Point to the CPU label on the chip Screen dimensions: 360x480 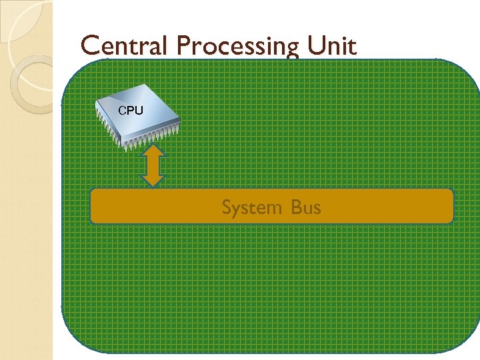tap(130, 110)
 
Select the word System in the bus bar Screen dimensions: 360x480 tap(251, 208)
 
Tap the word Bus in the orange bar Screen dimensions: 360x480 tap(306, 207)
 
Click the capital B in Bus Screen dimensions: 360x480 tap(295, 207)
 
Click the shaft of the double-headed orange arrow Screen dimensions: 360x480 tap(153, 166)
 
